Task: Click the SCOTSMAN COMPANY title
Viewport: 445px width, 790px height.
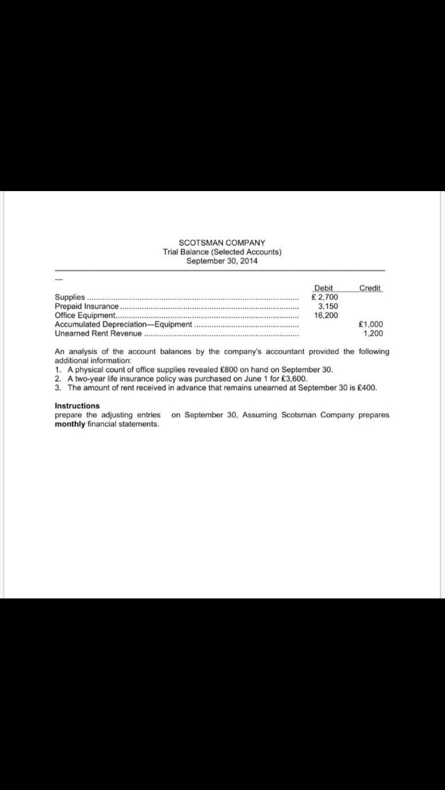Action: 222,243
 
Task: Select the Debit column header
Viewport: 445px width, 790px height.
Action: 323,288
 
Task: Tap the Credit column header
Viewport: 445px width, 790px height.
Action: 370,288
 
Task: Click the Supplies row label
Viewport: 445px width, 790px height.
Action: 70,297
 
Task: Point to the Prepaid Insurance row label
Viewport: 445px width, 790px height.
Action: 87,306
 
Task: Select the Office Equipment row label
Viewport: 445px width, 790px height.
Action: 85,315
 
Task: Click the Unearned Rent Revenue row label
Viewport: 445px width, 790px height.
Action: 98,333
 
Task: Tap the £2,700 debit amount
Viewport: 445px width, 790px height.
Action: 325,297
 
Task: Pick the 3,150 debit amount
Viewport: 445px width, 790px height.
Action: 328,306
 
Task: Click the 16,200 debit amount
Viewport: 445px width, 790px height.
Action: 326,315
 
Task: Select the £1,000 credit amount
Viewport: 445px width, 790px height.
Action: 370,324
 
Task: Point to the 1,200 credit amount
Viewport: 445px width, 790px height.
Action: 373,333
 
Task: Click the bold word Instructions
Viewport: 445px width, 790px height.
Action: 77,406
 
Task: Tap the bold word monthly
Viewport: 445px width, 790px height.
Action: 70,424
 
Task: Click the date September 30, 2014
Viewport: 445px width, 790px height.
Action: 222,261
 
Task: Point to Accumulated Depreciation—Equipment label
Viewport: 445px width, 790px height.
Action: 123,324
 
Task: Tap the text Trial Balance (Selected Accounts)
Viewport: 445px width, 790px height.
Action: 222,252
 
